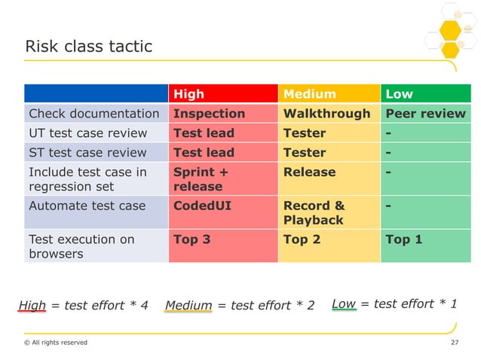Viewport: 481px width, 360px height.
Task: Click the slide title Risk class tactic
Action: [x=89, y=47]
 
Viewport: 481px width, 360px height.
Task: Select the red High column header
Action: [x=188, y=94]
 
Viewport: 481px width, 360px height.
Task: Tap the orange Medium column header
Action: [x=309, y=94]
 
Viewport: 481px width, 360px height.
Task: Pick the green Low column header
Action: [x=399, y=94]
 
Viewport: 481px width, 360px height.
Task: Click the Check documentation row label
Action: [x=93, y=114]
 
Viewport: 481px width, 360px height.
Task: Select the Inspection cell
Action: [x=209, y=114]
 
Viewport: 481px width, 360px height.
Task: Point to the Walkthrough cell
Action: [x=326, y=114]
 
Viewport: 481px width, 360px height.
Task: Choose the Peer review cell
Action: [x=425, y=114]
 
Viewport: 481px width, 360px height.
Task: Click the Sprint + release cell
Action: [x=198, y=179]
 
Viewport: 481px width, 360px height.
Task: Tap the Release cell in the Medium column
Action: [x=309, y=172]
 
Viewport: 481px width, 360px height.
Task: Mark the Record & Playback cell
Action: [x=314, y=212]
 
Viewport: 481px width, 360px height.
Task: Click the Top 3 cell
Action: [x=191, y=239]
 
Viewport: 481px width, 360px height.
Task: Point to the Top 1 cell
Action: [x=403, y=239]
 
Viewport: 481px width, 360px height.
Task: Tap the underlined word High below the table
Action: [x=32, y=305]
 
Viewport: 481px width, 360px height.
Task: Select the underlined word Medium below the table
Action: [x=188, y=305]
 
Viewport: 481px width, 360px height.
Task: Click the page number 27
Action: [x=454, y=343]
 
